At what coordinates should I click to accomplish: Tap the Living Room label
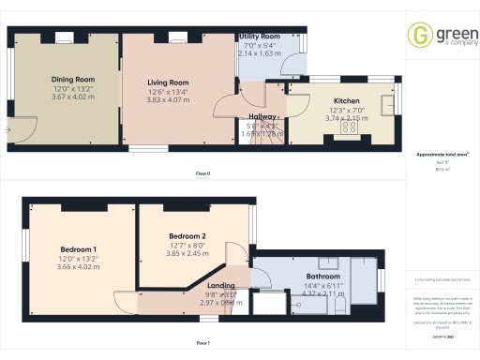pyautogui.click(x=168, y=82)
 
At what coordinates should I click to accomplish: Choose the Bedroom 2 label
pyautogui.click(x=187, y=235)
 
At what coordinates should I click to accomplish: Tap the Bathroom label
pyautogui.click(x=322, y=277)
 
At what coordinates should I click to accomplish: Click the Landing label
pyautogui.click(x=221, y=285)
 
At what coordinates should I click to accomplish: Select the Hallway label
pyautogui.click(x=262, y=116)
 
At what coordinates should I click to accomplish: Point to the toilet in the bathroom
pyautogui.click(x=341, y=307)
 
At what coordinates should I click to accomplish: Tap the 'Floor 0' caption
pyautogui.click(x=202, y=173)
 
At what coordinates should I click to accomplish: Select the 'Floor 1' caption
pyautogui.click(x=202, y=343)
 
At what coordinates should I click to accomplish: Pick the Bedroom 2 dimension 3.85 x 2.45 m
pyautogui.click(x=187, y=253)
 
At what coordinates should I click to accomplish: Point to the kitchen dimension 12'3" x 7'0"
pyautogui.click(x=347, y=112)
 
